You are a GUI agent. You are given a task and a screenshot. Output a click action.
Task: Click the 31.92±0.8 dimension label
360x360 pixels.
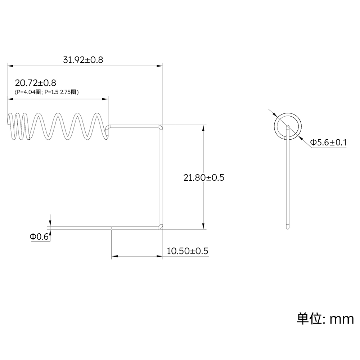[83, 60]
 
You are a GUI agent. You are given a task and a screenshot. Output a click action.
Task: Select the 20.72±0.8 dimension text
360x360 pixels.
[36, 84]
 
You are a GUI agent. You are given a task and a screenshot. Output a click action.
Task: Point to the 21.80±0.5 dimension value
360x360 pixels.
[204, 177]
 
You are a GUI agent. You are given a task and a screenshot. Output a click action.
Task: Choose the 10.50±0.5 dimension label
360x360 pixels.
[188, 251]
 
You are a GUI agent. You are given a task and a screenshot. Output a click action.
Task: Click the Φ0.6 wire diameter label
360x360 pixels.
[39, 237]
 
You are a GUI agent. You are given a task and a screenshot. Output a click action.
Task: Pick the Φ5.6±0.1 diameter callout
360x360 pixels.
[328, 143]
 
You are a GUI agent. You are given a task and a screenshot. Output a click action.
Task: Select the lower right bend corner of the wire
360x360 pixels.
[161, 226]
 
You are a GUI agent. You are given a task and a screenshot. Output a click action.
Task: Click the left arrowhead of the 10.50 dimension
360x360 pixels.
[114, 256]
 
